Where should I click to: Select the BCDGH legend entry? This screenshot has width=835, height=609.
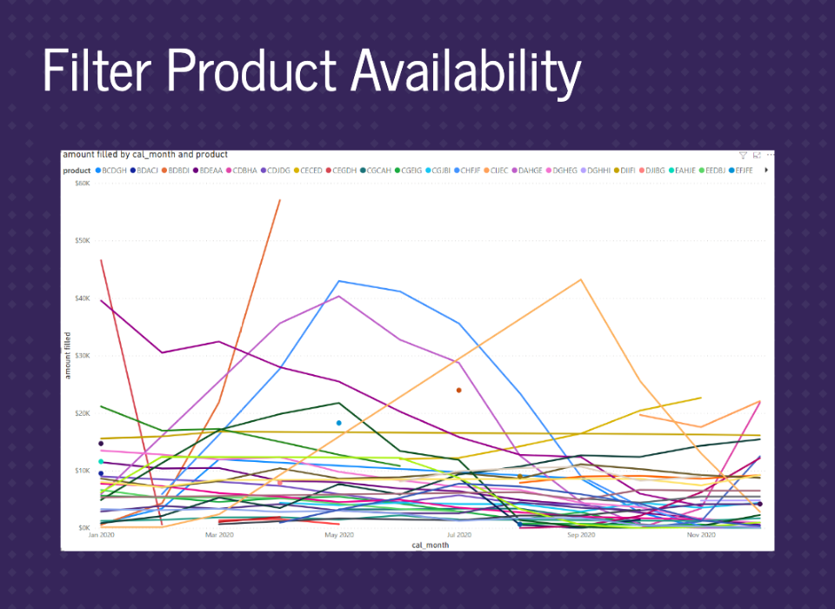tap(114, 171)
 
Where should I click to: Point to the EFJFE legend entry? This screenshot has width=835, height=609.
tap(743, 171)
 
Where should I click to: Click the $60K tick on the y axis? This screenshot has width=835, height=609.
tap(83, 184)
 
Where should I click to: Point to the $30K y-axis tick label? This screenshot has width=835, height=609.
tap(83, 356)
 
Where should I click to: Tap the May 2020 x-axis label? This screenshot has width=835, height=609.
tap(339, 535)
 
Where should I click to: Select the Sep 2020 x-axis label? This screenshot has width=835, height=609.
tap(581, 535)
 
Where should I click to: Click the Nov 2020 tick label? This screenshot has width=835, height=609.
tap(701, 535)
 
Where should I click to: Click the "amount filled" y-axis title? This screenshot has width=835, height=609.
tap(67, 356)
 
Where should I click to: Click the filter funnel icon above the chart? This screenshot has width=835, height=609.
tap(743, 155)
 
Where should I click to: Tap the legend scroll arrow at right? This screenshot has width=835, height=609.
tap(766, 171)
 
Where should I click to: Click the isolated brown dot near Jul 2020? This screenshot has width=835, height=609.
tap(459, 390)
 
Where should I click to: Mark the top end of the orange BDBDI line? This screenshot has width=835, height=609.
tap(280, 200)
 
